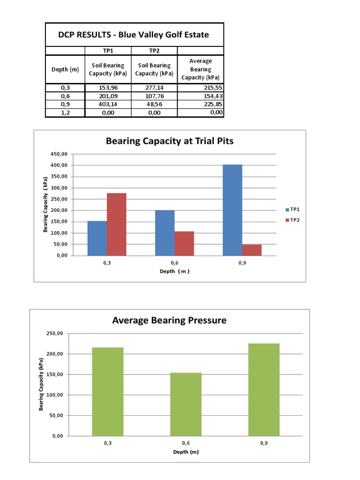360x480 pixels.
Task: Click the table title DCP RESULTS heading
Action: [134, 35]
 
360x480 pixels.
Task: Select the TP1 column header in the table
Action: [108, 51]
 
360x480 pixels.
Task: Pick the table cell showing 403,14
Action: [108, 104]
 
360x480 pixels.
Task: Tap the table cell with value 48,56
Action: [153, 104]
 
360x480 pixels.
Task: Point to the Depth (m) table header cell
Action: [65, 69]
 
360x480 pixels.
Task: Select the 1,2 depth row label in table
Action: [65, 112]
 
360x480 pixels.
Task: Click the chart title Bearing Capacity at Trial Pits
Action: [170, 141]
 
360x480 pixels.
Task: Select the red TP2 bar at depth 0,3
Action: [116, 224]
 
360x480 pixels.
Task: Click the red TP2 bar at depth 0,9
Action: [252, 250]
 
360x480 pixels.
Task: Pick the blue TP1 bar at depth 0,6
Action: [165, 232]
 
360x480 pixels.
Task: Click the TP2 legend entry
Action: [293, 220]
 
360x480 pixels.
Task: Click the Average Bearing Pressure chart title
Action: [169, 321]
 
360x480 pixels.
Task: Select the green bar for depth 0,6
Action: [186, 404]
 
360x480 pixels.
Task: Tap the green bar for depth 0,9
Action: [264, 390]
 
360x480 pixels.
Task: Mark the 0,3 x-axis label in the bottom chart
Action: [108, 443]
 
